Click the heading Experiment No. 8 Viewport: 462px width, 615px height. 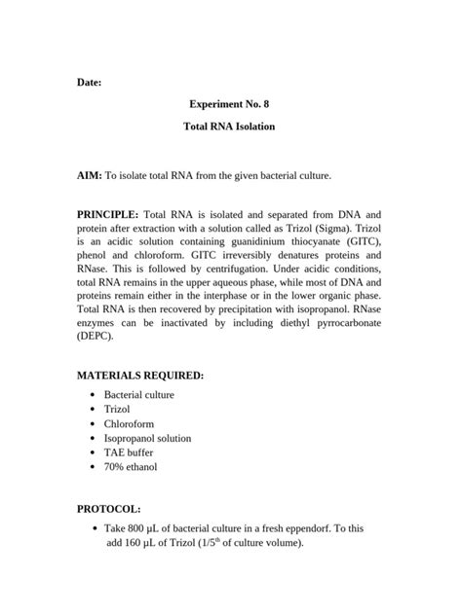pos(230,102)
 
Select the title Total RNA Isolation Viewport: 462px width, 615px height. pos(230,127)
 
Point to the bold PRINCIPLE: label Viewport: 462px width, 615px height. pos(107,213)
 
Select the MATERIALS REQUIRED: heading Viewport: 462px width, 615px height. pos(140,375)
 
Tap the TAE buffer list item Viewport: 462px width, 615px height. pos(128,452)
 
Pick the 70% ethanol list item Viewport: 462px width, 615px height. pos(131,467)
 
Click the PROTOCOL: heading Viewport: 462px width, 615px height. pos(109,508)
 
